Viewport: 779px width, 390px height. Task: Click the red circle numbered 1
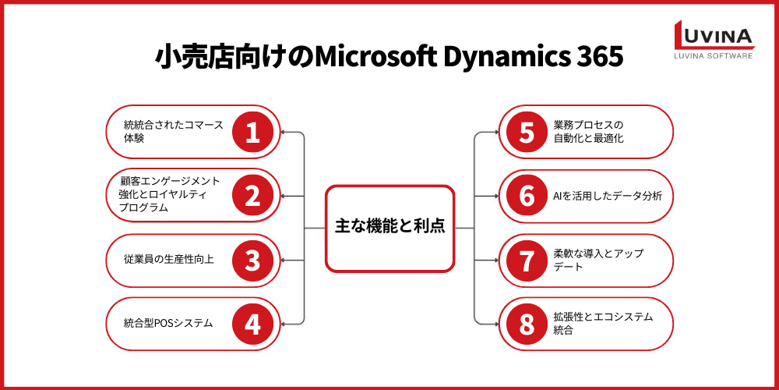(252, 132)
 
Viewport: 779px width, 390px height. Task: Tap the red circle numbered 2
(252, 196)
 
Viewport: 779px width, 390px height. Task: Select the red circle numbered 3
(252, 260)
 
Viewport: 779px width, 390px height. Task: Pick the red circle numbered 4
(252, 323)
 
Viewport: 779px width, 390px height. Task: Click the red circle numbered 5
(527, 132)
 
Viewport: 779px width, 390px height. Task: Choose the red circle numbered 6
(527, 196)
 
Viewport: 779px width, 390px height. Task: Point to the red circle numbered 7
(527, 260)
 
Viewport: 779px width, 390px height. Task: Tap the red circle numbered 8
(527, 323)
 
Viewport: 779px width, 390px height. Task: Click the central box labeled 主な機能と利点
(389, 228)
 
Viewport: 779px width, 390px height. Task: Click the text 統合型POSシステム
(168, 323)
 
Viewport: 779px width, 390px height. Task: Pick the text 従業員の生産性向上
(168, 260)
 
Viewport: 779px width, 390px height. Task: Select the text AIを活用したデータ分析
(607, 196)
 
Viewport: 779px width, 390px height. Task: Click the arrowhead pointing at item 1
(284, 132)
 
